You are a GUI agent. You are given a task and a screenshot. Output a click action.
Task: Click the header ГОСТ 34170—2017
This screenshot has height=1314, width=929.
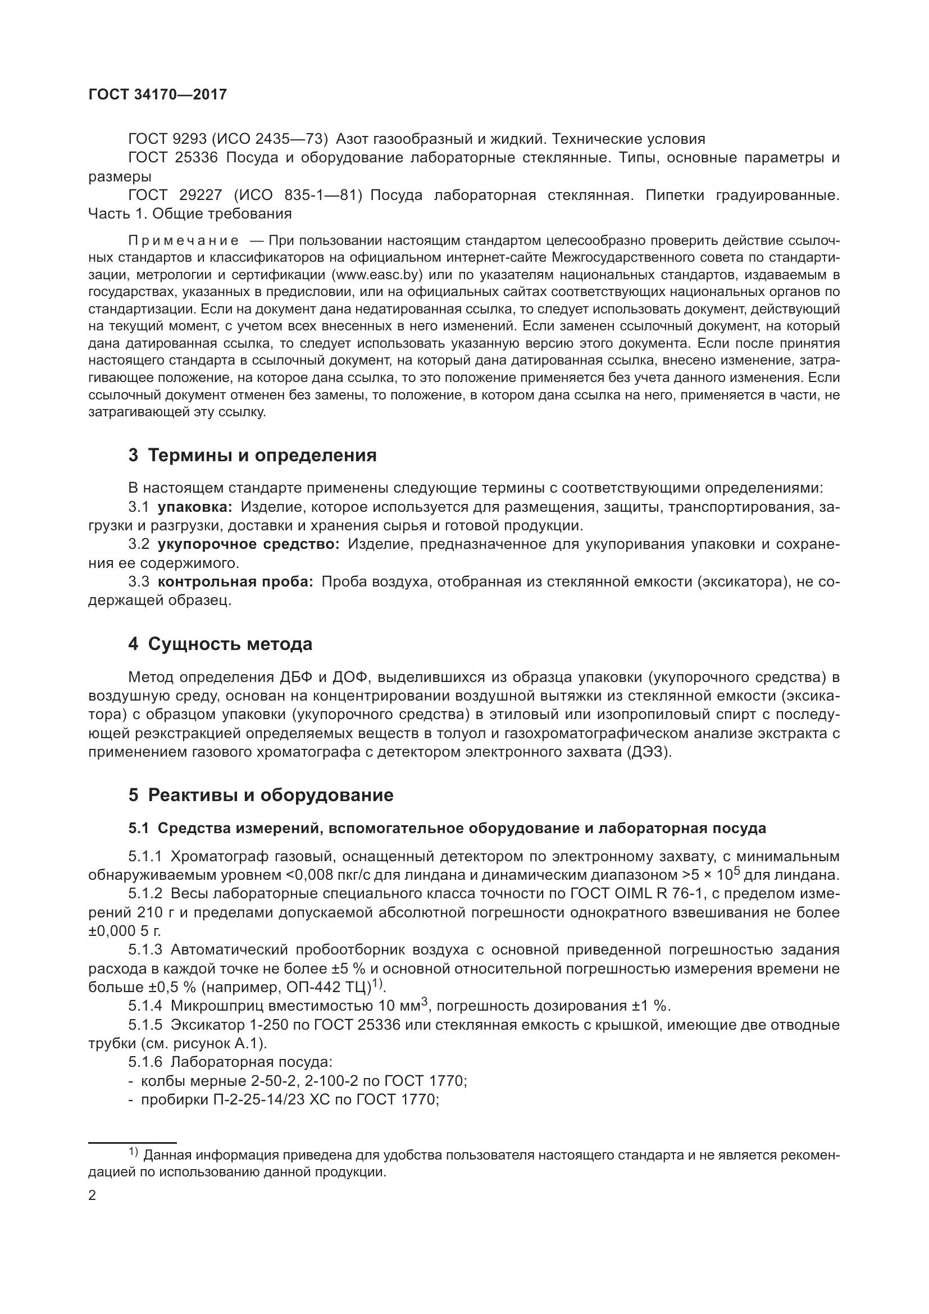click(158, 95)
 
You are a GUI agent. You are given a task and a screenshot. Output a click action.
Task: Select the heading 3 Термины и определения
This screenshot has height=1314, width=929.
click(252, 455)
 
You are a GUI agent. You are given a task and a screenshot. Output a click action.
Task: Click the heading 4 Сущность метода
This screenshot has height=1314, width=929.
click(220, 644)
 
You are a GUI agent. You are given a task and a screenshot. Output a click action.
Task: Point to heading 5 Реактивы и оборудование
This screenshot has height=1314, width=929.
click(261, 795)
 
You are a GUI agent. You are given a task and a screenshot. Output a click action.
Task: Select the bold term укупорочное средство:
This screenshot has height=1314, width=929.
click(248, 544)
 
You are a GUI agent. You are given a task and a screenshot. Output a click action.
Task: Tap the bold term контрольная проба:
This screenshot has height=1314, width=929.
click(235, 582)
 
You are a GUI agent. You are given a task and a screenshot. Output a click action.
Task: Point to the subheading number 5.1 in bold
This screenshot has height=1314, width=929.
click(138, 828)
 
